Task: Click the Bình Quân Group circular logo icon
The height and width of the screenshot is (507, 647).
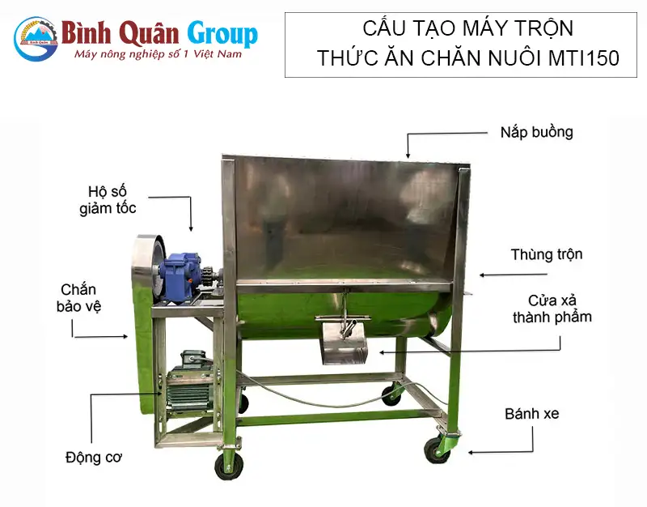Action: pyautogui.click(x=36, y=38)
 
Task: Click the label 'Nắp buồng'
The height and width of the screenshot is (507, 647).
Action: pyautogui.click(x=536, y=131)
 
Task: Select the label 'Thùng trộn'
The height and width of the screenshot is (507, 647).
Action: pyautogui.click(x=546, y=254)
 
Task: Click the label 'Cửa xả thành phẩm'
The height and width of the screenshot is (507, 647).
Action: pyautogui.click(x=551, y=308)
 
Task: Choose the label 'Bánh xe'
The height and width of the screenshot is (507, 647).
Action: pyautogui.click(x=531, y=414)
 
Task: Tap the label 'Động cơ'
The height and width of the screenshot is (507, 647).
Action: pyautogui.click(x=93, y=457)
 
